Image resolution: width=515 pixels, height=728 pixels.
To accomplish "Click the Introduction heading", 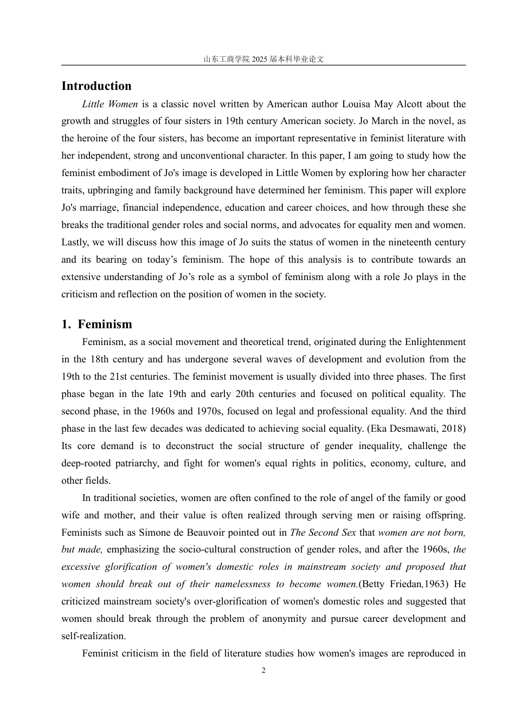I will (x=96, y=86).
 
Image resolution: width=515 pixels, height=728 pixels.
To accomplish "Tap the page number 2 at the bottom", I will (x=263, y=671).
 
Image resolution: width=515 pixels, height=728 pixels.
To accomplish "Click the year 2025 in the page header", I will (x=260, y=60).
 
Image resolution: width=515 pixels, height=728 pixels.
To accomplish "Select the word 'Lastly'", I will (x=74, y=243).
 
